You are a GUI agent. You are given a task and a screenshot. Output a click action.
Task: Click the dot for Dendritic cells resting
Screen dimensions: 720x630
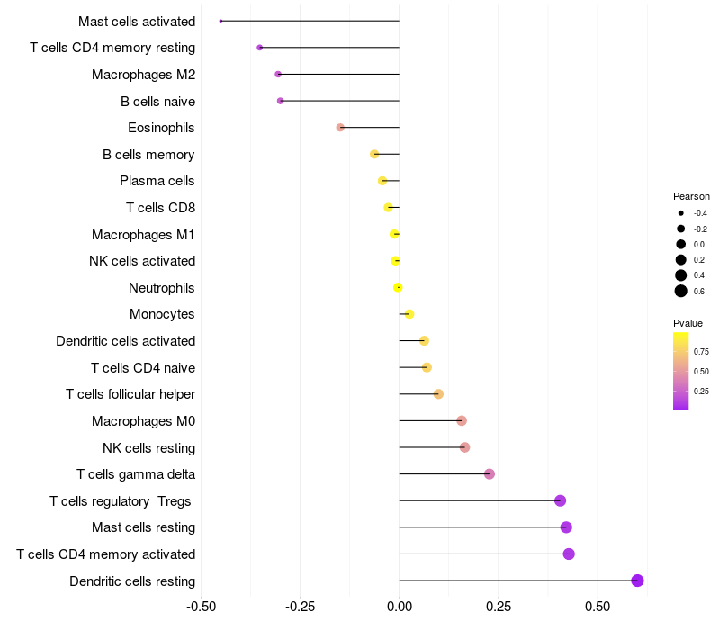tap(637, 580)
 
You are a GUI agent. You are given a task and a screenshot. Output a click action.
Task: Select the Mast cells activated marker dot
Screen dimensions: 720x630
tap(220, 21)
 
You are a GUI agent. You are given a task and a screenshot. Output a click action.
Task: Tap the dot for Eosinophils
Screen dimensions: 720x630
tap(340, 127)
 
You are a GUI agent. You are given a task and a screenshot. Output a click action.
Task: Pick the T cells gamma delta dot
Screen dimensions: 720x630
tap(490, 474)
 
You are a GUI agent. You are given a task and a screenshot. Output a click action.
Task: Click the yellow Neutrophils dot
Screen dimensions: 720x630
tap(398, 287)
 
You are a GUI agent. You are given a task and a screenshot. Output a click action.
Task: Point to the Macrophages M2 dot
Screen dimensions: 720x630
tap(278, 74)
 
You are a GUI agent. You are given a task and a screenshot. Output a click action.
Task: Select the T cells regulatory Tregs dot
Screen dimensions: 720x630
tap(560, 500)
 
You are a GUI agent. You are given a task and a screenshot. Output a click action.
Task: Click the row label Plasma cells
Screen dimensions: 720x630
tap(157, 181)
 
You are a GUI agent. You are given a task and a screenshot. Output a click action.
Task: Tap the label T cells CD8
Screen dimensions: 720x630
tap(161, 208)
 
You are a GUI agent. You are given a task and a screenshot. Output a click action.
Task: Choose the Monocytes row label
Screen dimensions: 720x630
tap(162, 314)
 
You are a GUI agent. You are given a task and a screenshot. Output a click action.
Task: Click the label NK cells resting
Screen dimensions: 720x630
tap(148, 447)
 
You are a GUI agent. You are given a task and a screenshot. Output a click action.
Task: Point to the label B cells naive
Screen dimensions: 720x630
tap(158, 101)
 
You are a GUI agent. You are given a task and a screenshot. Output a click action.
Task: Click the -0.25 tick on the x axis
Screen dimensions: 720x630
tap(301, 607)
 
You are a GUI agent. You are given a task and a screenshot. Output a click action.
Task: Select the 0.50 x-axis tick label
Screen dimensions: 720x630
tap(598, 607)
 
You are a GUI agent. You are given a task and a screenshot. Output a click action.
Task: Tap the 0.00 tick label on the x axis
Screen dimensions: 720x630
tap(400, 607)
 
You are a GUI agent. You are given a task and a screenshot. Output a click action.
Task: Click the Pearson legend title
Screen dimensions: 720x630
tap(691, 196)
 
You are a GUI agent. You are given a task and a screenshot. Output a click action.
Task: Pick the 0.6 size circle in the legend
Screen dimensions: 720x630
tap(681, 291)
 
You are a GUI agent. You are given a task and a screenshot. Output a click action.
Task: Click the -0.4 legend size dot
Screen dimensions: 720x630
tap(681, 213)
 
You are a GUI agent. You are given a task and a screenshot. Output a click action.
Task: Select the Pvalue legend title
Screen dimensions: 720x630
tap(688, 323)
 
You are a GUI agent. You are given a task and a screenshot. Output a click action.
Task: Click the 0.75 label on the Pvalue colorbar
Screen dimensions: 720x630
tap(701, 352)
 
